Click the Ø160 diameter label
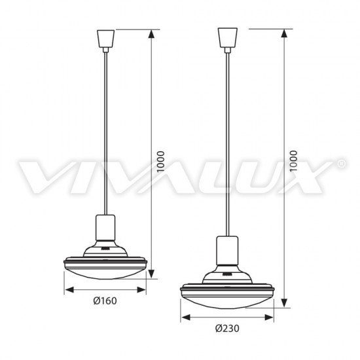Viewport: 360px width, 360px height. (x=105, y=300)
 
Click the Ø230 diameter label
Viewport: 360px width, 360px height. (x=227, y=329)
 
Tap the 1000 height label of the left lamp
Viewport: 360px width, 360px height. (x=160, y=162)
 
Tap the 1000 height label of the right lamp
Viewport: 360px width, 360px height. (x=293, y=161)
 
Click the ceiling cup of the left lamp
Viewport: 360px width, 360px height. (x=105, y=39)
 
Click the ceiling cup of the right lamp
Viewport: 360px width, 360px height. (x=228, y=38)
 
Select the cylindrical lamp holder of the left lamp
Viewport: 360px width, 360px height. (x=105, y=228)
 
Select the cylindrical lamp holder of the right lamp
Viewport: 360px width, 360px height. (x=227, y=250)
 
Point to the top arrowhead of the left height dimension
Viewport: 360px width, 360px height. (x=151, y=35)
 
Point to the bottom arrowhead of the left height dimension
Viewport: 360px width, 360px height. (x=151, y=274)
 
